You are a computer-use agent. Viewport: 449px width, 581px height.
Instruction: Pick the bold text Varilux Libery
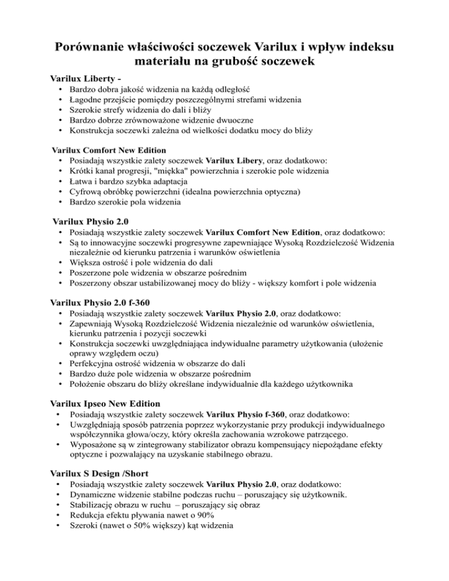236,160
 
